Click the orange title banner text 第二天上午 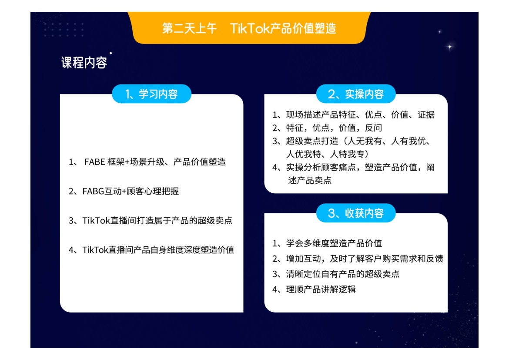[x=189, y=29]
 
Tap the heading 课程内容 [x=84, y=63]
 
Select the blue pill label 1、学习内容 [x=151, y=94]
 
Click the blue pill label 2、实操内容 [x=356, y=94]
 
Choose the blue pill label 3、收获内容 [x=356, y=213]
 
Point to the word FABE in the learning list [x=94, y=162]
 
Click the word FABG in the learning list [x=93, y=192]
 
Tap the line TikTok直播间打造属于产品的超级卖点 [x=157, y=221]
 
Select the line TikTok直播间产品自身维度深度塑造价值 [x=158, y=250]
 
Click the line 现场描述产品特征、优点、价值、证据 [x=360, y=114]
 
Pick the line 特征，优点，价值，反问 [x=334, y=128]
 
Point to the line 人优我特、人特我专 [x=327, y=154]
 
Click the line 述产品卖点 [x=310, y=180]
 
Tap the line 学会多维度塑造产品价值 [x=334, y=243]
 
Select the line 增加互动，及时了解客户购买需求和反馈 [x=365, y=259]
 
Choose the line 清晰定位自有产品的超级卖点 [x=343, y=274]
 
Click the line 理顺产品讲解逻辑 [x=321, y=289]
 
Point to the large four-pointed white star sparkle [x=450, y=47]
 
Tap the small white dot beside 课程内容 [x=111, y=53]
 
